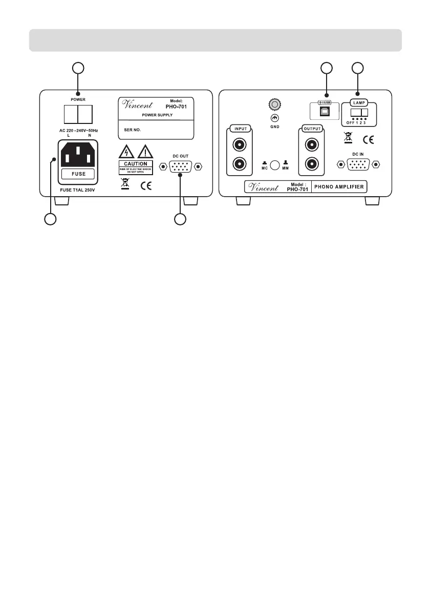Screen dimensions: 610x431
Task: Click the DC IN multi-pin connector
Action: (x=358, y=164)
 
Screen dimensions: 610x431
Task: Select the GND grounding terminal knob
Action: (x=275, y=105)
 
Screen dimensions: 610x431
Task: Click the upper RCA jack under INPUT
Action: (x=239, y=145)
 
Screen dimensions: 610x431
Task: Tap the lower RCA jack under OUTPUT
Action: (x=310, y=164)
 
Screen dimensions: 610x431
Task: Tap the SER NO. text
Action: (x=133, y=130)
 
